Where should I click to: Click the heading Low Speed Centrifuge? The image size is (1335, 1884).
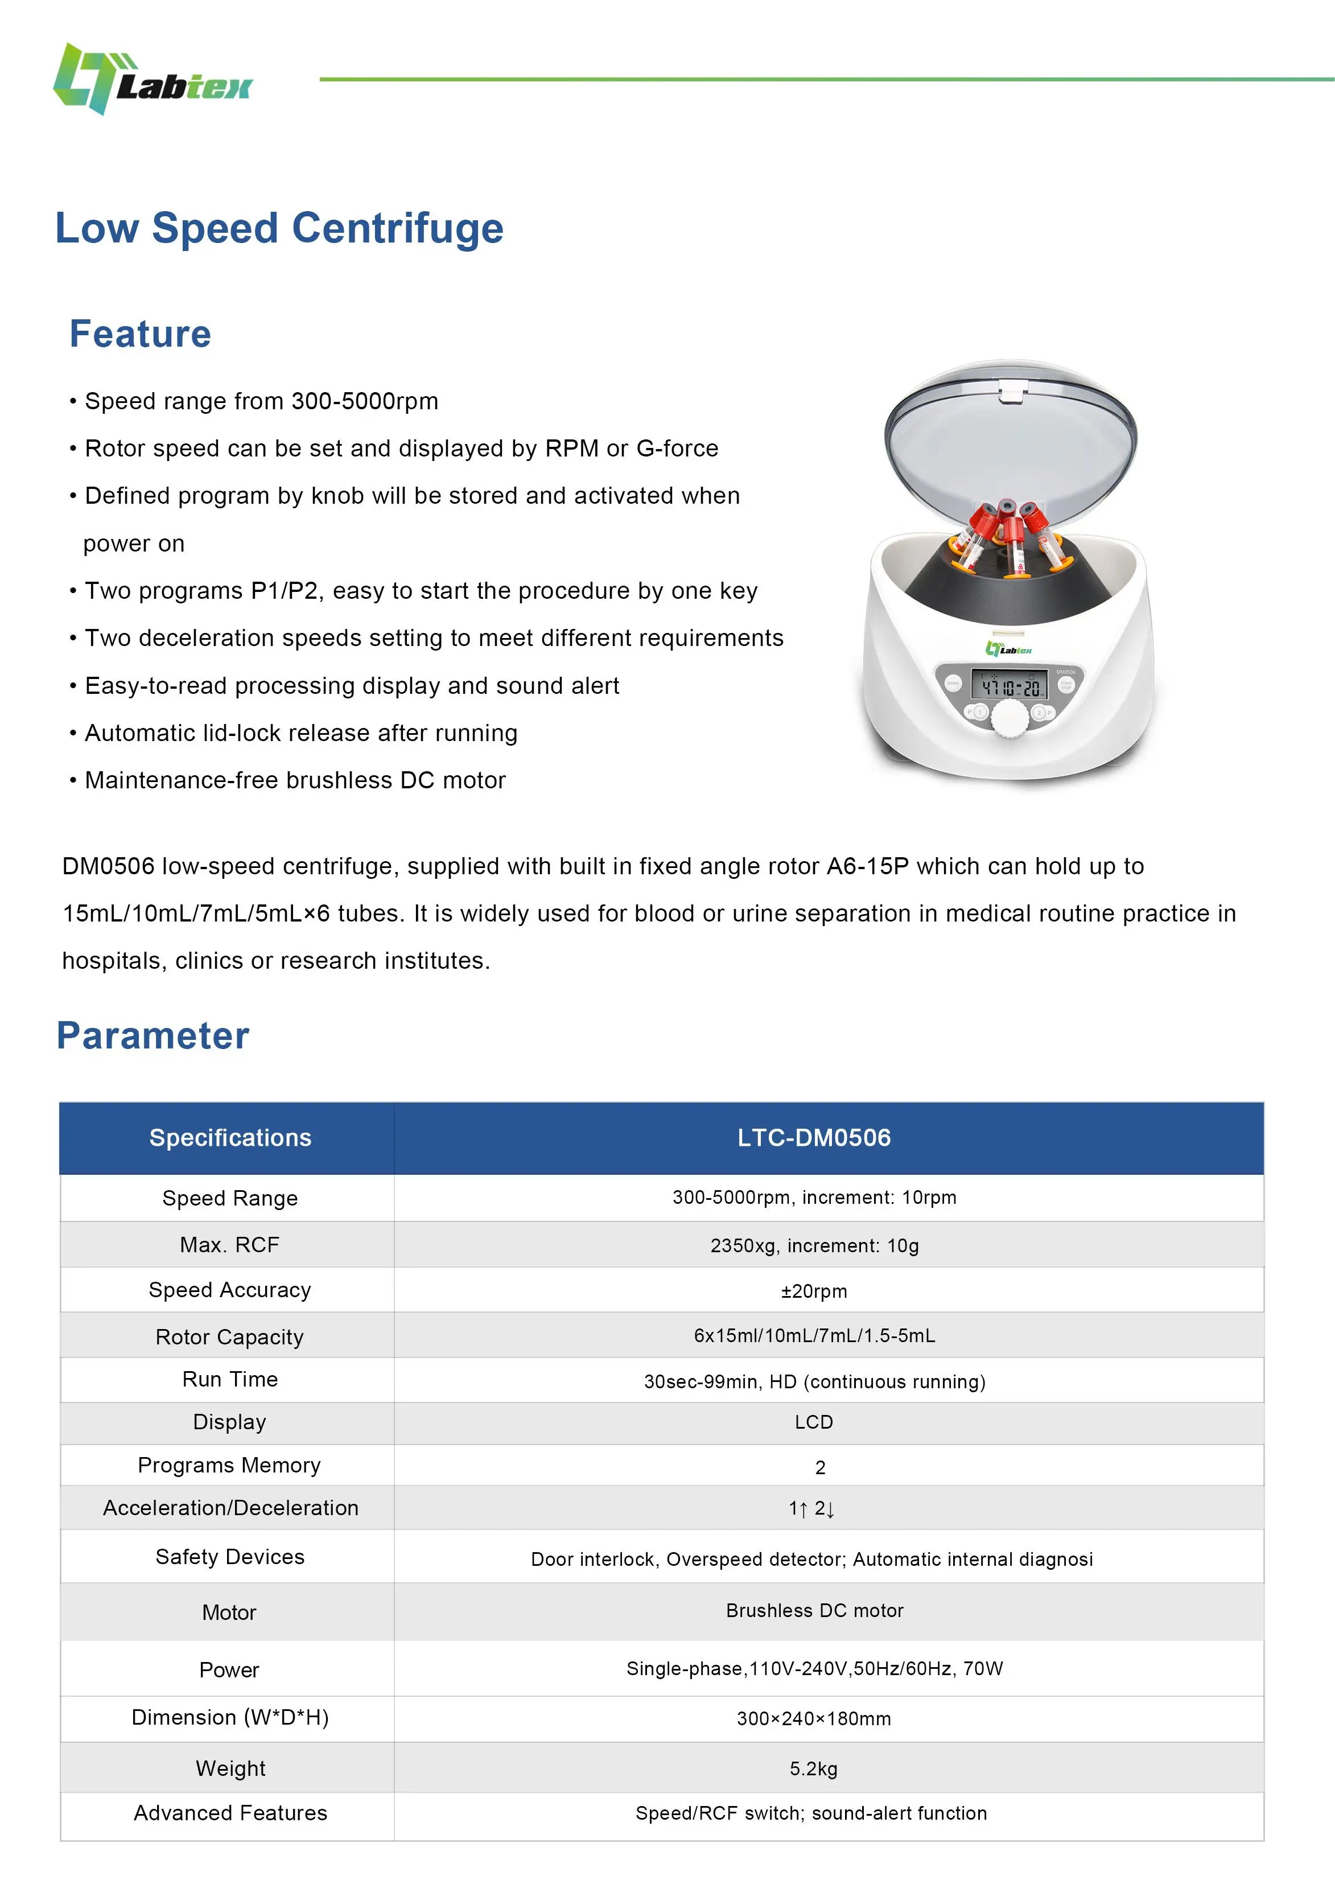pyautogui.click(x=279, y=228)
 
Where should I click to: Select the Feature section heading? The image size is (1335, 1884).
pyautogui.click(x=140, y=334)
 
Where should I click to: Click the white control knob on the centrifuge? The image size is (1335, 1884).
pyautogui.click(x=1009, y=719)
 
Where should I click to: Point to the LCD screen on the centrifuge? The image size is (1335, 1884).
pyautogui.click(x=1010, y=685)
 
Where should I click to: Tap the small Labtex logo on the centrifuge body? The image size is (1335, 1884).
pyautogui.click(x=1009, y=649)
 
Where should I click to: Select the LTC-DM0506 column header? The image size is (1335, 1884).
pyautogui.click(x=813, y=1138)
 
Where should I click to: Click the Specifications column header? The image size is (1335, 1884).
pyautogui.click(x=230, y=1138)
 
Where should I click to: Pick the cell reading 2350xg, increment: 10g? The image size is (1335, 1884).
pyautogui.click(x=814, y=1245)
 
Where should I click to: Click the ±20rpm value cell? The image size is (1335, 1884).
pyautogui.click(x=814, y=1290)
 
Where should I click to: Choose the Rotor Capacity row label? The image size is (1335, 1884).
pyautogui.click(x=229, y=1336)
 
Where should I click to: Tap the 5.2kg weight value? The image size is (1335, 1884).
pyautogui.click(x=813, y=1768)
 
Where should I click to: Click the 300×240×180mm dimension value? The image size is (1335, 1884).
pyautogui.click(x=813, y=1718)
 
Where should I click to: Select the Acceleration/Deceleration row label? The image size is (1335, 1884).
pyautogui.click(x=230, y=1508)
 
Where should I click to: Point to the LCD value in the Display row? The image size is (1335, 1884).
pyautogui.click(x=813, y=1422)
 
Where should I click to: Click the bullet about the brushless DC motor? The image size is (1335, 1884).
pyautogui.click(x=294, y=780)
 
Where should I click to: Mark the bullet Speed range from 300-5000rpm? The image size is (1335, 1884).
pyautogui.click(x=261, y=401)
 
